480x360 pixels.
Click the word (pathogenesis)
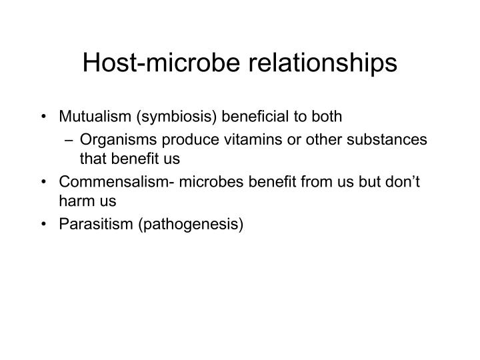pos(191,225)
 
